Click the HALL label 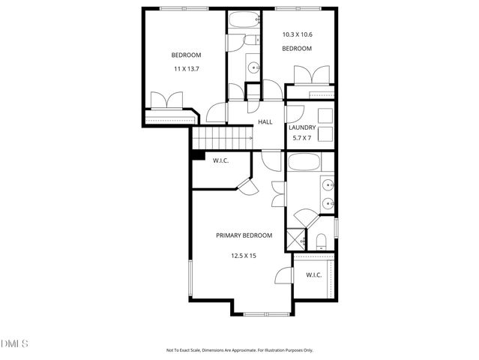[x=265, y=122]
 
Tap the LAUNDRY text [x=302, y=127]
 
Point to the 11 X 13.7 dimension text [x=185, y=69]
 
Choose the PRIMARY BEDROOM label [x=244, y=235]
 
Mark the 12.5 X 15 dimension [x=244, y=256]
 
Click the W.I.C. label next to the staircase [x=220, y=160]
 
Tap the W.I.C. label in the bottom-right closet [x=313, y=275]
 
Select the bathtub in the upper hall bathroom [x=244, y=20]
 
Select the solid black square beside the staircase [x=198, y=155]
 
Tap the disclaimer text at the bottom [x=239, y=349]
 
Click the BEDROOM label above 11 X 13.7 [x=186, y=55]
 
